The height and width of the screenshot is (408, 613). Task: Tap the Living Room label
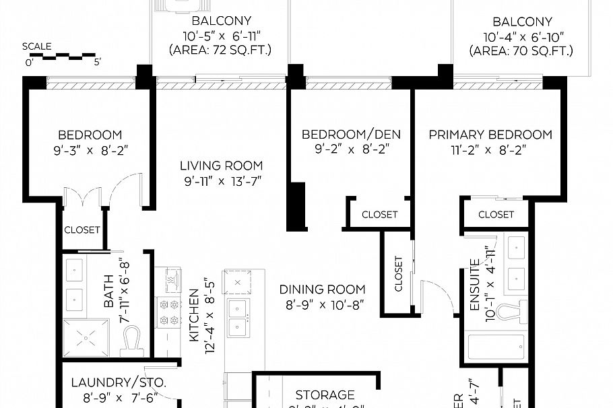point(221,166)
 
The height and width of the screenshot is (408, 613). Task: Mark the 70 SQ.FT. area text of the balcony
point(522,51)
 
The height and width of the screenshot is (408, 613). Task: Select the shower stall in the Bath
point(86,337)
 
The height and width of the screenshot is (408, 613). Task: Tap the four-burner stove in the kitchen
point(169,311)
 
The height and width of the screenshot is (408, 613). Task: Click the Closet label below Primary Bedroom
point(496,215)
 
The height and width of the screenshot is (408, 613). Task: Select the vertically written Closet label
point(398,273)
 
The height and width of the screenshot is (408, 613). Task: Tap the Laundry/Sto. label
point(119,382)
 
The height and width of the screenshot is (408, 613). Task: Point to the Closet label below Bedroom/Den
point(379,215)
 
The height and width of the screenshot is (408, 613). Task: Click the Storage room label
point(325,395)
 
